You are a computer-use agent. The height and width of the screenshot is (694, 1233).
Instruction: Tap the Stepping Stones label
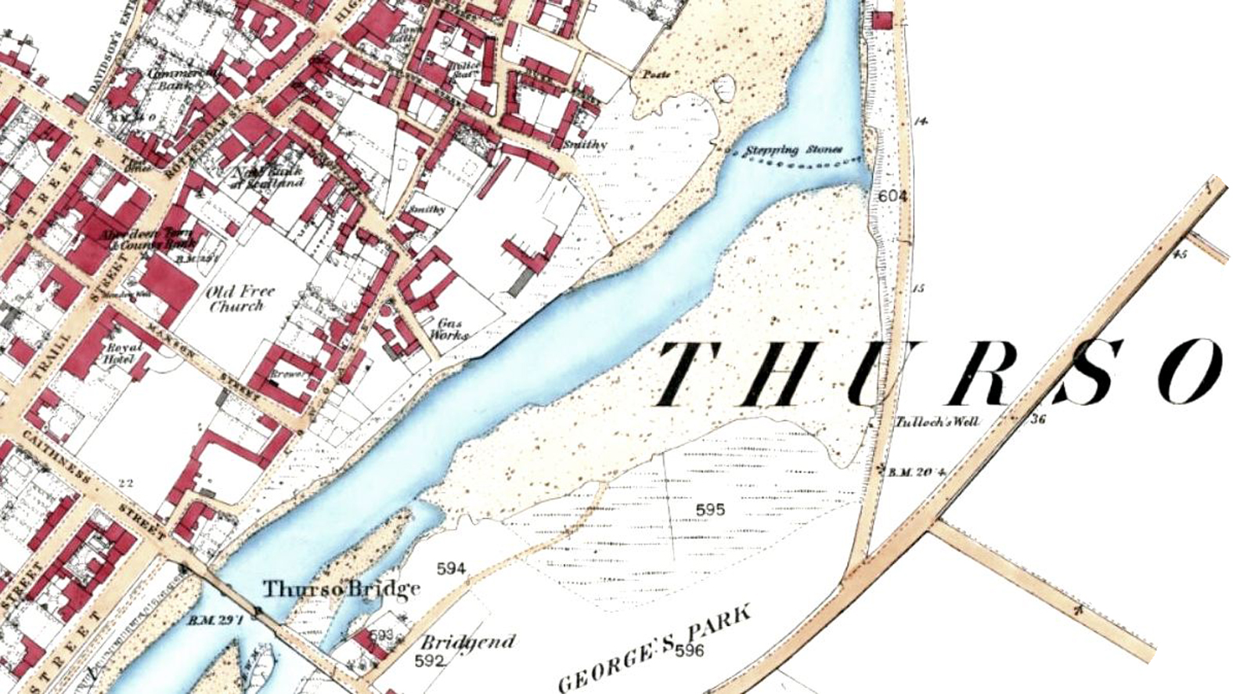coord(792,150)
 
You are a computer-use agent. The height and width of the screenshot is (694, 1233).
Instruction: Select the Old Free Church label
coord(240,298)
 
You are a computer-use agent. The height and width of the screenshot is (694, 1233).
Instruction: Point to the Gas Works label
coord(452,328)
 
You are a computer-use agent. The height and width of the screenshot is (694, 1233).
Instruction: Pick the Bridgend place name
coord(469,643)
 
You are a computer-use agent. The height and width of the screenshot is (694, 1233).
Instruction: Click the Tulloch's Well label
coord(936,421)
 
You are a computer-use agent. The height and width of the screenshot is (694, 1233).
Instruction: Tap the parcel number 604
coord(892,196)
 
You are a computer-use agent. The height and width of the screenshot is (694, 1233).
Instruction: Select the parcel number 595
coord(710,510)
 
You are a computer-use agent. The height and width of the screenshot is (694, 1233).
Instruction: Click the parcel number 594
coord(451,569)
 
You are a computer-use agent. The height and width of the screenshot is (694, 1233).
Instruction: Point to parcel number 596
coord(689,650)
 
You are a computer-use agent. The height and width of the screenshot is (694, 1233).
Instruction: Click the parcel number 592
coord(430,660)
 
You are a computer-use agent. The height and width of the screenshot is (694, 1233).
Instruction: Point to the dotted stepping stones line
coord(799,164)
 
